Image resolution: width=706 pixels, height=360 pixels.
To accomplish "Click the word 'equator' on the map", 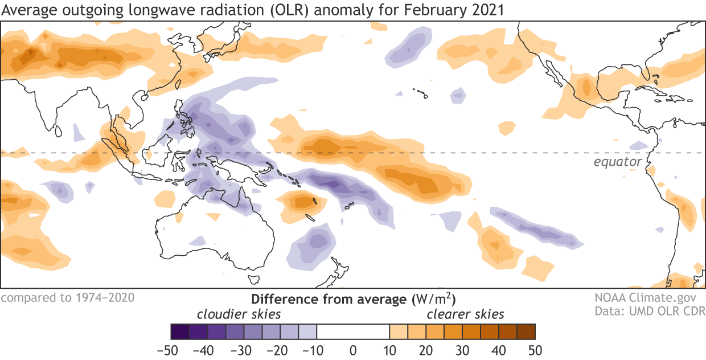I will [x=618, y=162].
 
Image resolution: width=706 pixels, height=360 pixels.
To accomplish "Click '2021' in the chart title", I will [x=487, y=10].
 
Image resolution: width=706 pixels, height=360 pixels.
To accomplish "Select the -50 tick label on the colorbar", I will [x=170, y=349].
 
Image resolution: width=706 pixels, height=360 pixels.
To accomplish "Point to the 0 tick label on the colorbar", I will [x=353, y=349].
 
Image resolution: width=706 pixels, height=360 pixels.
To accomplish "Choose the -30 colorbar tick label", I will [x=243, y=349].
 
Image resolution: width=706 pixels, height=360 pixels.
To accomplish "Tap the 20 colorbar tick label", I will [x=425, y=349].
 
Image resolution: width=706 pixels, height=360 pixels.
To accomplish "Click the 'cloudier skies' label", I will [x=239, y=314].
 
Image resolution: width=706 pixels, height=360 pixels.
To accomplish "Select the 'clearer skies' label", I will [x=466, y=314].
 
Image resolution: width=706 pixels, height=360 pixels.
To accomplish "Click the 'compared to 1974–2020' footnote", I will [x=68, y=297].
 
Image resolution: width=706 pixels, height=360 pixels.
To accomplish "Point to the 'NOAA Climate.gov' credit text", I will [x=650, y=298].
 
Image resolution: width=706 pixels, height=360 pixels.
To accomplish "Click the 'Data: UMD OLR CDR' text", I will [x=650, y=311].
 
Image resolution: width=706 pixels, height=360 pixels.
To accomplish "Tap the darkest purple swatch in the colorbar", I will [x=180, y=331].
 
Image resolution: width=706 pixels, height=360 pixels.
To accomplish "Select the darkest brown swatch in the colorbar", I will [x=526, y=331].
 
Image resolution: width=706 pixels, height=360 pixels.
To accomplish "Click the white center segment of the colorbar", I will [x=353, y=331].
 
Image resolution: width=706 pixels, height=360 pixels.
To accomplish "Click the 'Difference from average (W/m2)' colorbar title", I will [x=353, y=298].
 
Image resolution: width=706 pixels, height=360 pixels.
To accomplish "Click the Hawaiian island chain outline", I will [x=420, y=92].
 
